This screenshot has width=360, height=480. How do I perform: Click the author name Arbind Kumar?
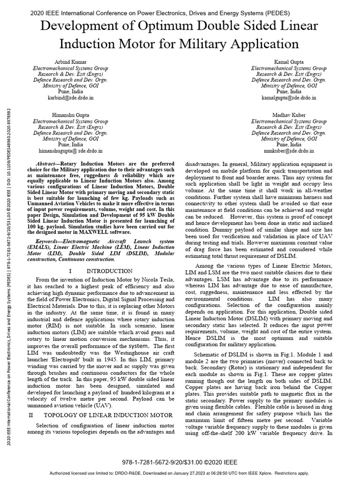tap(71, 62)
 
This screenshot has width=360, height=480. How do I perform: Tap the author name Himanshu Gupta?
tap(71, 114)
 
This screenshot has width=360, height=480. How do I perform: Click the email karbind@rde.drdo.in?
tap(71, 99)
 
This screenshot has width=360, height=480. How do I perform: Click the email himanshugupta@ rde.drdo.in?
tap(71, 151)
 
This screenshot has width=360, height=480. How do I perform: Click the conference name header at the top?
tap(160, 13)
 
